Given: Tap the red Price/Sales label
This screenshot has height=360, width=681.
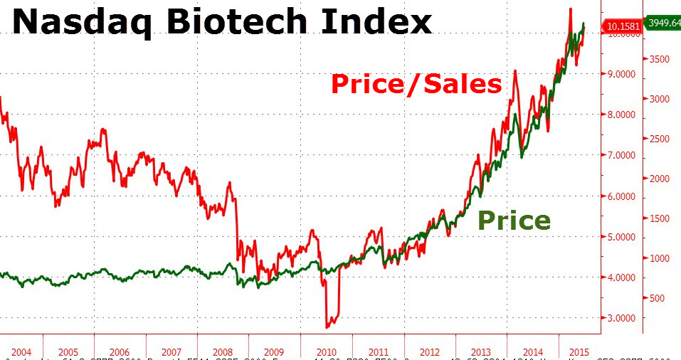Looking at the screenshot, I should pyautogui.click(x=416, y=84).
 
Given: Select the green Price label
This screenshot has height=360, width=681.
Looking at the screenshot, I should pyautogui.click(x=514, y=221).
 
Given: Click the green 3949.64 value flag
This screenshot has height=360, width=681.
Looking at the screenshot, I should pyautogui.click(x=663, y=22).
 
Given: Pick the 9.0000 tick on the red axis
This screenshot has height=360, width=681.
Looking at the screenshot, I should pyautogui.click(x=622, y=74).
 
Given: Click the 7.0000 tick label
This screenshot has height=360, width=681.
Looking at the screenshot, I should pyautogui.click(x=622, y=155).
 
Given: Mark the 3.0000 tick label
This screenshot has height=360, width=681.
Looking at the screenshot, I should pyautogui.click(x=622, y=318).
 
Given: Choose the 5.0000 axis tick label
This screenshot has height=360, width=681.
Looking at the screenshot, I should pyautogui.click(x=622, y=237).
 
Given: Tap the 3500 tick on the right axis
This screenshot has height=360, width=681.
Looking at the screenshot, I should pyautogui.click(x=660, y=59).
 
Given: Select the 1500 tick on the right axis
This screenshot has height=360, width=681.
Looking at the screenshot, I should pyautogui.click(x=660, y=218).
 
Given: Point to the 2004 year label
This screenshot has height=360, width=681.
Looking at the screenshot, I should pyautogui.click(x=21, y=352).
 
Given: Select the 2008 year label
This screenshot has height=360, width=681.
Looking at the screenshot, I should pyautogui.click(x=223, y=352).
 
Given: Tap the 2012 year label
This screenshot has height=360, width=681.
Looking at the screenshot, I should pyautogui.click(x=430, y=352).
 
